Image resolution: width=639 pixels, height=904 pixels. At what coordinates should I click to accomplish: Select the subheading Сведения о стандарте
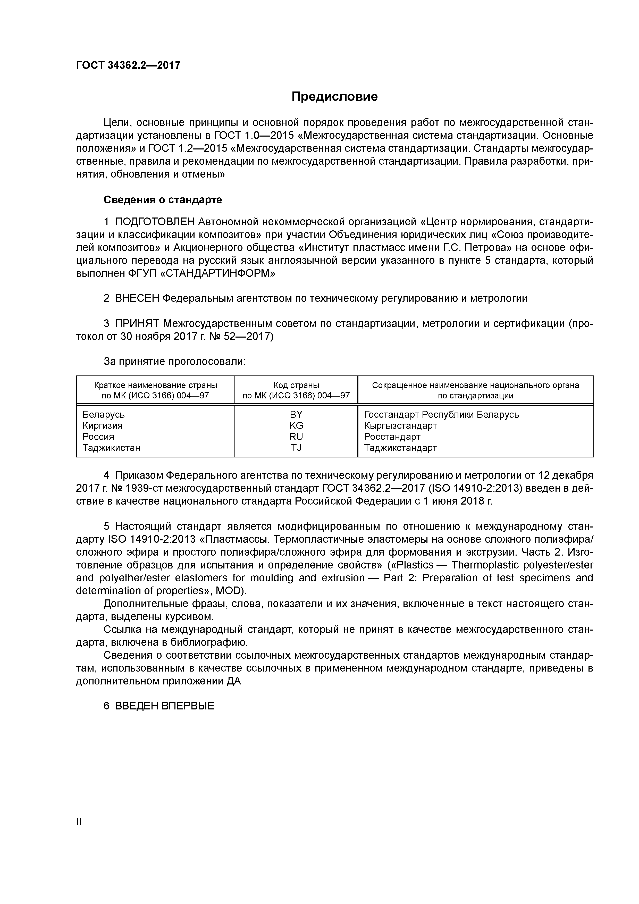tap(163, 200)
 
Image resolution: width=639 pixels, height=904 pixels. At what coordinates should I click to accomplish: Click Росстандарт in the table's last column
tap(392, 436)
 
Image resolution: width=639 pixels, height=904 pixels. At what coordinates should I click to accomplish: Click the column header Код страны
tap(296, 385)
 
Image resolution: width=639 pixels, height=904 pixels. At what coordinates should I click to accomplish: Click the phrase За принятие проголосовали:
tap(174, 361)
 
